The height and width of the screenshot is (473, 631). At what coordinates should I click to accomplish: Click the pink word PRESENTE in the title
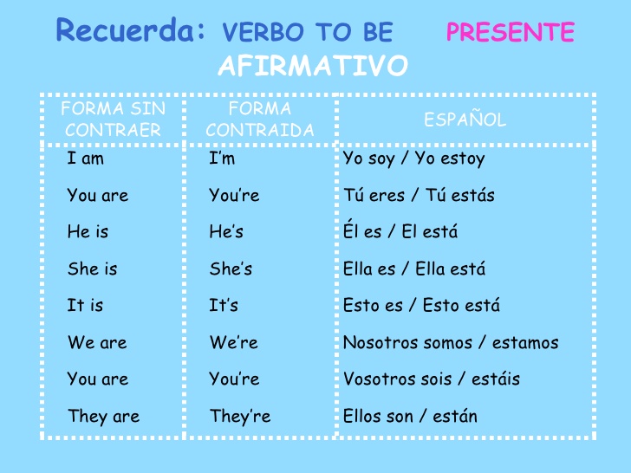point(510,33)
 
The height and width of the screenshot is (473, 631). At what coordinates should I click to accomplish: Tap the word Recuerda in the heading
point(131,31)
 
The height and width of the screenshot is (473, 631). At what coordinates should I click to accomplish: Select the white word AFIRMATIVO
point(313,66)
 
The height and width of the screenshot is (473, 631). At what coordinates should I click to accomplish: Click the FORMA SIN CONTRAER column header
point(113,120)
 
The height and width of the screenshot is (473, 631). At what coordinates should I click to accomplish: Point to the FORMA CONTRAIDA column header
point(260,120)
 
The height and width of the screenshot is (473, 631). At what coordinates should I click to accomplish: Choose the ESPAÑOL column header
point(465,120)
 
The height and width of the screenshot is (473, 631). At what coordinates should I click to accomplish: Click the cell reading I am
point(85,159)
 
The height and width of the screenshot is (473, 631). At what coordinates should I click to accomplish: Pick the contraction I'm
point(222,159)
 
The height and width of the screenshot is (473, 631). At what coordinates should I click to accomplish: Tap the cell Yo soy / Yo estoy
point(413,159)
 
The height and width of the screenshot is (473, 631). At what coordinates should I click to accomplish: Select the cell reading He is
point(88,232)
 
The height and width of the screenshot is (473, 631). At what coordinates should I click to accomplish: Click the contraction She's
point(231,269)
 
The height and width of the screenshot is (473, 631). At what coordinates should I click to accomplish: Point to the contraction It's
point(224,306)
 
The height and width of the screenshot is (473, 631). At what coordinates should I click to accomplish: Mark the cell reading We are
point(97,342)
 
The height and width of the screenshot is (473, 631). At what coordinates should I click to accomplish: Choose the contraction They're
point(240,417)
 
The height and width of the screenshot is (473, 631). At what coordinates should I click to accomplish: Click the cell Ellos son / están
point(410,417)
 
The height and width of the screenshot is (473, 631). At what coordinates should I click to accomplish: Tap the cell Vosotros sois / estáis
point(432,379)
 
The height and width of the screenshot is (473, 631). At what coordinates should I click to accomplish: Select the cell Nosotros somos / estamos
point(451,342)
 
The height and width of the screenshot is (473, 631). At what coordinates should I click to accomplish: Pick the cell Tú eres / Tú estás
point(419,196)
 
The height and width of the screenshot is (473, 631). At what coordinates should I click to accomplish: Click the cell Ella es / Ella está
point(414,269)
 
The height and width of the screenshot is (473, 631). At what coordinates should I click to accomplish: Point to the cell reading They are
point(103,417)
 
